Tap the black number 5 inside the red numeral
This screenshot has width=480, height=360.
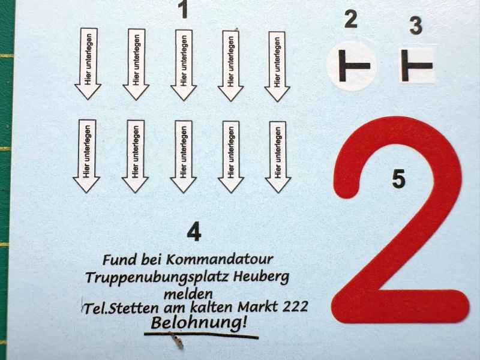[x=398, y=179]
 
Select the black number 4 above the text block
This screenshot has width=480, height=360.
[x=194, y=232]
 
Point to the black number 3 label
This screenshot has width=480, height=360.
[x=416, y=25]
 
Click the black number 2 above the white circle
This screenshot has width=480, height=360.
[x=351, y=19]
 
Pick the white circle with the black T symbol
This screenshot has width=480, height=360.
[x=351, y=66]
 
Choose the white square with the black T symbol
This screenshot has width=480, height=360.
[x=418, y=65]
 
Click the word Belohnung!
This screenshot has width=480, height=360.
[x=199, y=323]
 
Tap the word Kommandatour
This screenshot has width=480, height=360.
[x=219, y=260]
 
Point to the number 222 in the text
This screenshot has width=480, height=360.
[x=295, y=307]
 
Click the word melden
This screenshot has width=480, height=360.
[x=188, y=294]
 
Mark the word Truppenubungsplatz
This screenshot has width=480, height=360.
[x=157, y=278]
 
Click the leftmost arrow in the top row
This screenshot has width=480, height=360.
[x=88, y=64]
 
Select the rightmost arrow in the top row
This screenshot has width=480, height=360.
[x=277, y=67]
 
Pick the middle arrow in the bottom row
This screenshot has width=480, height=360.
[x=184, y=157]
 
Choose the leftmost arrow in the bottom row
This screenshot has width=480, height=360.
[x=86, y=156]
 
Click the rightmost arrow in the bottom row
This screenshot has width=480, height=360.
[x=278, y=157]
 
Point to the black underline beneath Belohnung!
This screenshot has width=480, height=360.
[x=201, y=335]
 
